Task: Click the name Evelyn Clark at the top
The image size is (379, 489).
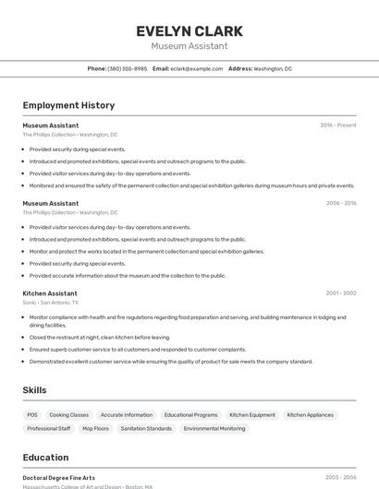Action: click(189, 30)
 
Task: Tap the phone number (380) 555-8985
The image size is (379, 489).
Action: click(127, 68)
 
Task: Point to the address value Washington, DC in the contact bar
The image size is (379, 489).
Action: click(273, 68)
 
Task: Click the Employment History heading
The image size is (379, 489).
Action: click(68, 105)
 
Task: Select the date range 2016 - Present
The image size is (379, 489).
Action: click(337, 125)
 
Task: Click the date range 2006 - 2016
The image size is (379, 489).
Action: click(340, 203)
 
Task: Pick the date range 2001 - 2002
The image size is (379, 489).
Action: click(340, 292)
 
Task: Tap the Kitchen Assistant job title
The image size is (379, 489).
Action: click(50, 292)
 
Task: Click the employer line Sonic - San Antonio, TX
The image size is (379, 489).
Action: click(51, 302)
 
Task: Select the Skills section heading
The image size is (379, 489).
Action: click(34, 390)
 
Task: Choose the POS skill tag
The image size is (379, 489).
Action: click(32, 415)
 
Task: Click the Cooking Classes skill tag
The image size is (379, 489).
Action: click(68, 415)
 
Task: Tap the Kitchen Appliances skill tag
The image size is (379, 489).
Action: click(310, 415)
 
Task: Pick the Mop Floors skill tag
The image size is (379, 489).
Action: click(95, 428)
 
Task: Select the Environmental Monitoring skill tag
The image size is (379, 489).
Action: click(214, 428)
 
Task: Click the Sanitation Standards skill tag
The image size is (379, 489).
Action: click(146, 428)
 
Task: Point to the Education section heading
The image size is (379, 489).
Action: click(45, 457)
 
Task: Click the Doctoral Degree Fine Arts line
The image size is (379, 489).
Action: click(58, 478)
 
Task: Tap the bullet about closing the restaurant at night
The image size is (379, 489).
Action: click(100, 337)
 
